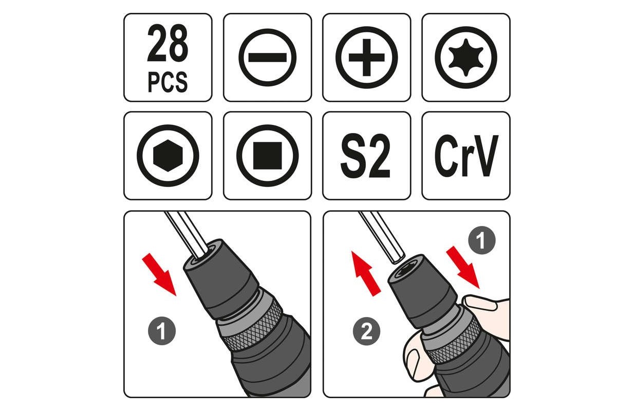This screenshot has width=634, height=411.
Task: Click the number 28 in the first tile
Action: coord(167,43)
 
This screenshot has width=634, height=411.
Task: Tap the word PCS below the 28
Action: coord(167,82)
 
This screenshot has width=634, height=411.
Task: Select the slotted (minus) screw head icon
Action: coord(268,58)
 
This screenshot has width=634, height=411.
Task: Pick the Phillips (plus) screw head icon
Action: coord(366,58)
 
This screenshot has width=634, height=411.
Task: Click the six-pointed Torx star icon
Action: coord(466,58)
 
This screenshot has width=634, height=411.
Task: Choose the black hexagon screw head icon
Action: coord(168,156)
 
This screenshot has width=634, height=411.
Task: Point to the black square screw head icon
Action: coord(268,156)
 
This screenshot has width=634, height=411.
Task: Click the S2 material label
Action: coord(366,156)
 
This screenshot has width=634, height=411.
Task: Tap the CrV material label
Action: coord(466,156)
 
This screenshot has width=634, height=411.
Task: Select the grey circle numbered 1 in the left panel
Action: coord(162,331)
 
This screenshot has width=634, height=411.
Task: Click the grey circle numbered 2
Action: coord(366,331)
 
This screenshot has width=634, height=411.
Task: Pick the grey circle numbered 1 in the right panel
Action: coord(482,240)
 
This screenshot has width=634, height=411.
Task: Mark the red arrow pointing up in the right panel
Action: coord(366,274)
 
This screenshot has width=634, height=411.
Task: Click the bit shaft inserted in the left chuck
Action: coord(187,235)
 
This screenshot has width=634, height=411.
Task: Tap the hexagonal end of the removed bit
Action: coord(398,258)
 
